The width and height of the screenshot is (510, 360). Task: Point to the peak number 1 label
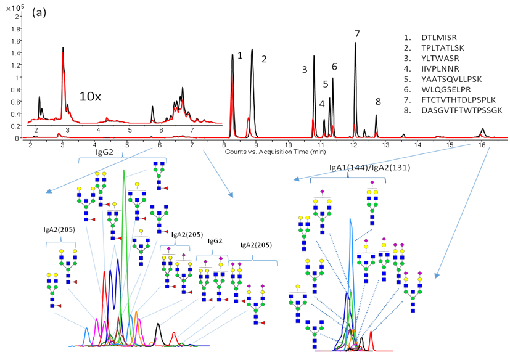pyautogui.click(x=239, y=55)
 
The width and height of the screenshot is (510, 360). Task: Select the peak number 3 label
pyautogui.click(x=304, y=69)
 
